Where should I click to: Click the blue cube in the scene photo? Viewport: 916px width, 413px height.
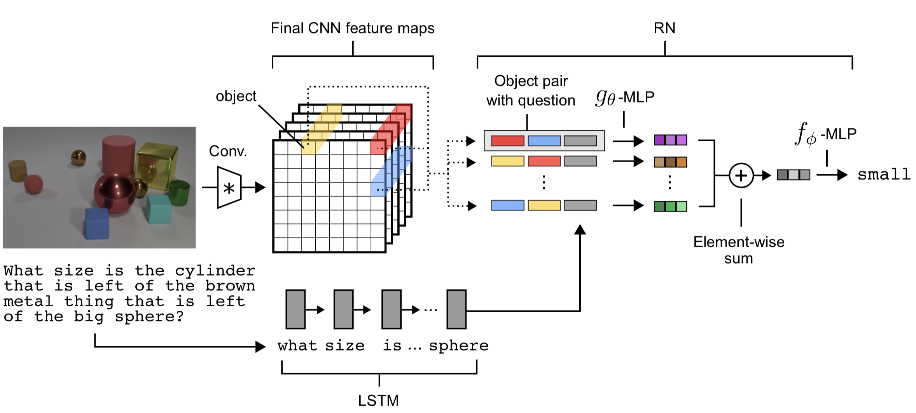97,224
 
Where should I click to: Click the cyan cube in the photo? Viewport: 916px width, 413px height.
159,209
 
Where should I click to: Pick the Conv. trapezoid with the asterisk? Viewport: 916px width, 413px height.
229,188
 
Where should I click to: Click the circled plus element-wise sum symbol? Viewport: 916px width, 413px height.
741,175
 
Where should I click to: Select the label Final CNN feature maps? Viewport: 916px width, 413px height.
352,28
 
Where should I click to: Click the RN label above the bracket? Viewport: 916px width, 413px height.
664,28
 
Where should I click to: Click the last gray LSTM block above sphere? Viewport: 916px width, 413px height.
456,309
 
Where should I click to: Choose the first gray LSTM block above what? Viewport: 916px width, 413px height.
295,309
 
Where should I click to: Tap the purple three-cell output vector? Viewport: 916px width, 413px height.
670,140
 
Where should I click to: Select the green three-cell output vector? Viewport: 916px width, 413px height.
670,206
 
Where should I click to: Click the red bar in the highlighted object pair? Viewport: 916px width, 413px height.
507,141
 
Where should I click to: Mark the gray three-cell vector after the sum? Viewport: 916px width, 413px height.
794,175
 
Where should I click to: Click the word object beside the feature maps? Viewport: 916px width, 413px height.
236,96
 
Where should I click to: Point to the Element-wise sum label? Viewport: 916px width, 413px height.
739,250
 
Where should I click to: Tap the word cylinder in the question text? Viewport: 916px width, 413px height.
215,271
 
